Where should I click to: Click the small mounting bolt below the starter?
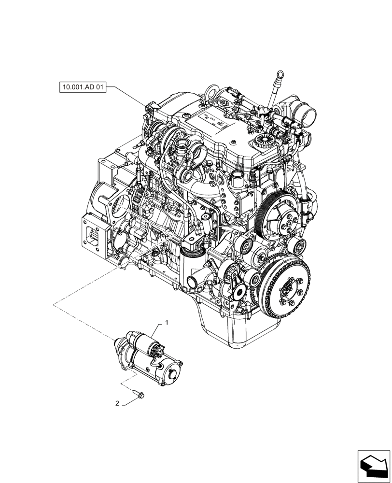[140, 396]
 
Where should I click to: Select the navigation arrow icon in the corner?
[373, 466]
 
